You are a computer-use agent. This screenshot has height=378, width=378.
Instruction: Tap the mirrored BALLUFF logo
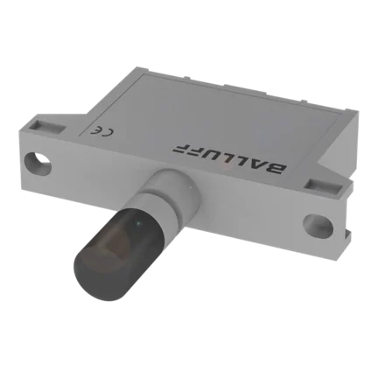pos(229,157)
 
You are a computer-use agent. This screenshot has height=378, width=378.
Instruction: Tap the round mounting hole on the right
pos(318,226)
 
